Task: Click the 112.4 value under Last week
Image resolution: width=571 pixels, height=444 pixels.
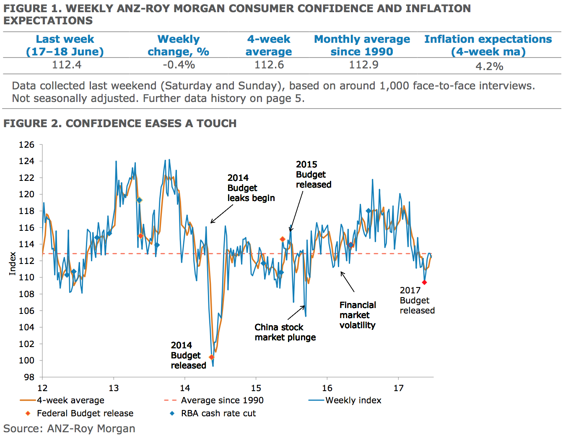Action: tap(67, 65)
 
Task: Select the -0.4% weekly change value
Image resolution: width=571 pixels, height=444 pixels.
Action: tap(179, 65)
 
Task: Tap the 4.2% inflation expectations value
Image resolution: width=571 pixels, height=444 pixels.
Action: tap(489, 66)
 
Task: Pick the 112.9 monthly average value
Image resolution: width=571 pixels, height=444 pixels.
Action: tap(363, 65)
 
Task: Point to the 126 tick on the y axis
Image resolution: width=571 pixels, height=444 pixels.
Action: tap(26, 145)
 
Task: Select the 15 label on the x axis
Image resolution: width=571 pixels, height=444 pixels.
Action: tap(256, 388)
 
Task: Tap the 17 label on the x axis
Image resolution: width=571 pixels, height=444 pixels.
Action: tap(398, 388)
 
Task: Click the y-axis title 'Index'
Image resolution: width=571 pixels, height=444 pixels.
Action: tap(13, 264)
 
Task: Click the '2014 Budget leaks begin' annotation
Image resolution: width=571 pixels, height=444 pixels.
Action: tap(251, 188)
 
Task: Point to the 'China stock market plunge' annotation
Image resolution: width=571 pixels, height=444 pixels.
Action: tap(285, 332)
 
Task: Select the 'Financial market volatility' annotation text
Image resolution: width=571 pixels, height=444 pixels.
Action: tap(358, 315)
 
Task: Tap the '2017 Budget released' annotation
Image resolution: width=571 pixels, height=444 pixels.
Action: tap(417, 300)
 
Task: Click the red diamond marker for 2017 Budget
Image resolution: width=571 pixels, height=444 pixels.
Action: tap(424, 282)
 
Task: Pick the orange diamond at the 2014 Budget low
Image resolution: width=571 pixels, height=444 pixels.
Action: tap(212, 358)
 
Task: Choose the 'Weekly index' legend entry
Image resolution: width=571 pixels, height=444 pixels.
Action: tap(353, 400)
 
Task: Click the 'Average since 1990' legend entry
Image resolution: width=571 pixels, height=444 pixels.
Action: tap(222, 400)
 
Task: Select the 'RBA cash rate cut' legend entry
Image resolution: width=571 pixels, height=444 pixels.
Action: tap(218, 413)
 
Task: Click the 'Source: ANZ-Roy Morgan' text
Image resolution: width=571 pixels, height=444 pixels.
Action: tap(69, 428)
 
